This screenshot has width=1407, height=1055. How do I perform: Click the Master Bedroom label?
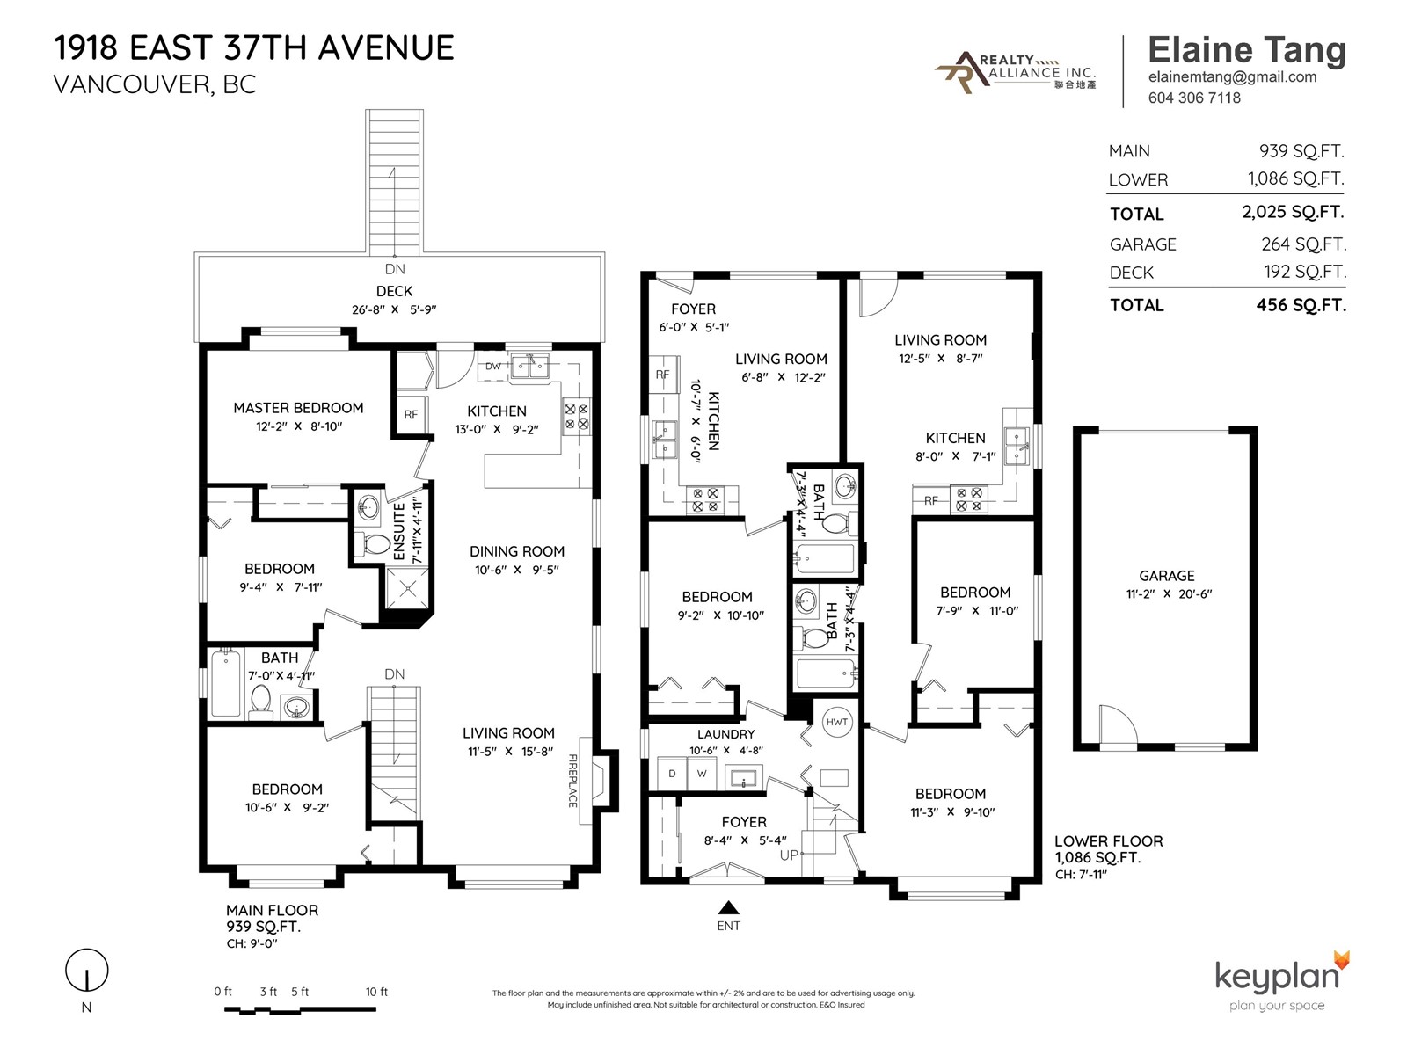298,408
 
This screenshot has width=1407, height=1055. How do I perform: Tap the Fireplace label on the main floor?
573,780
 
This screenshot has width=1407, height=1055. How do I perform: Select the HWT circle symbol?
836,722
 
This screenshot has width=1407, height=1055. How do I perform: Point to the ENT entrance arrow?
728,907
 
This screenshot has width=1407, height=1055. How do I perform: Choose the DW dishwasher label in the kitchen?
493,367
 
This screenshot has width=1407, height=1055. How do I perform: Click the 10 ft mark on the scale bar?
376,992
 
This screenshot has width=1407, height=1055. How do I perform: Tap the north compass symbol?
86,971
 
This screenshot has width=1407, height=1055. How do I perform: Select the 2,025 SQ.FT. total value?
1293,212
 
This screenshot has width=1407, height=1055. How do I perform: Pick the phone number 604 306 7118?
1194,98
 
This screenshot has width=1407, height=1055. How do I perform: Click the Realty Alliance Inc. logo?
1016,72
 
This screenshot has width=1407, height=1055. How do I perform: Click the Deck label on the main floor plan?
394,292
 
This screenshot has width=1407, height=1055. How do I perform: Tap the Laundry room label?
725,734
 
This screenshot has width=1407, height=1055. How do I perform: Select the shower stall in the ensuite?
408,589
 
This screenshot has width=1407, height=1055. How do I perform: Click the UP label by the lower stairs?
789,855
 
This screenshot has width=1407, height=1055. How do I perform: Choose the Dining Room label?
517,551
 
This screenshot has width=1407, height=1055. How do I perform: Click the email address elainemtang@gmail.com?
1232,76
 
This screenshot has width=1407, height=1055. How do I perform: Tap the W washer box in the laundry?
702,774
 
